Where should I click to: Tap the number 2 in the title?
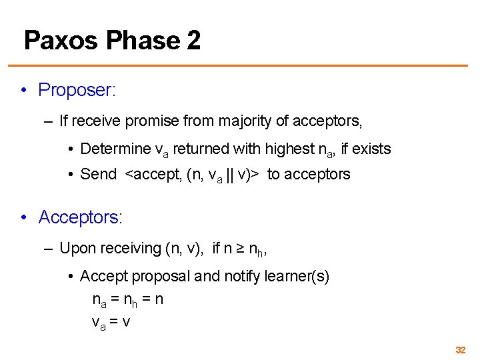[x=193, y=41]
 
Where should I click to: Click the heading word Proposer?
[x=76, y=90]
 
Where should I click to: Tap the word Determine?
[x=115, y=149]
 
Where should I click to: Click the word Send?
[x=98, y=175]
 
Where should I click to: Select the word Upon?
[x=77, y=249]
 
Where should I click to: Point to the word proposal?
[x=159, y=276]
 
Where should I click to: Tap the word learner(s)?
[x=297, y=276]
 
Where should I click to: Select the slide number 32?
[x=460, y=350]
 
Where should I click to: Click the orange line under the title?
[x=240, y=65]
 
